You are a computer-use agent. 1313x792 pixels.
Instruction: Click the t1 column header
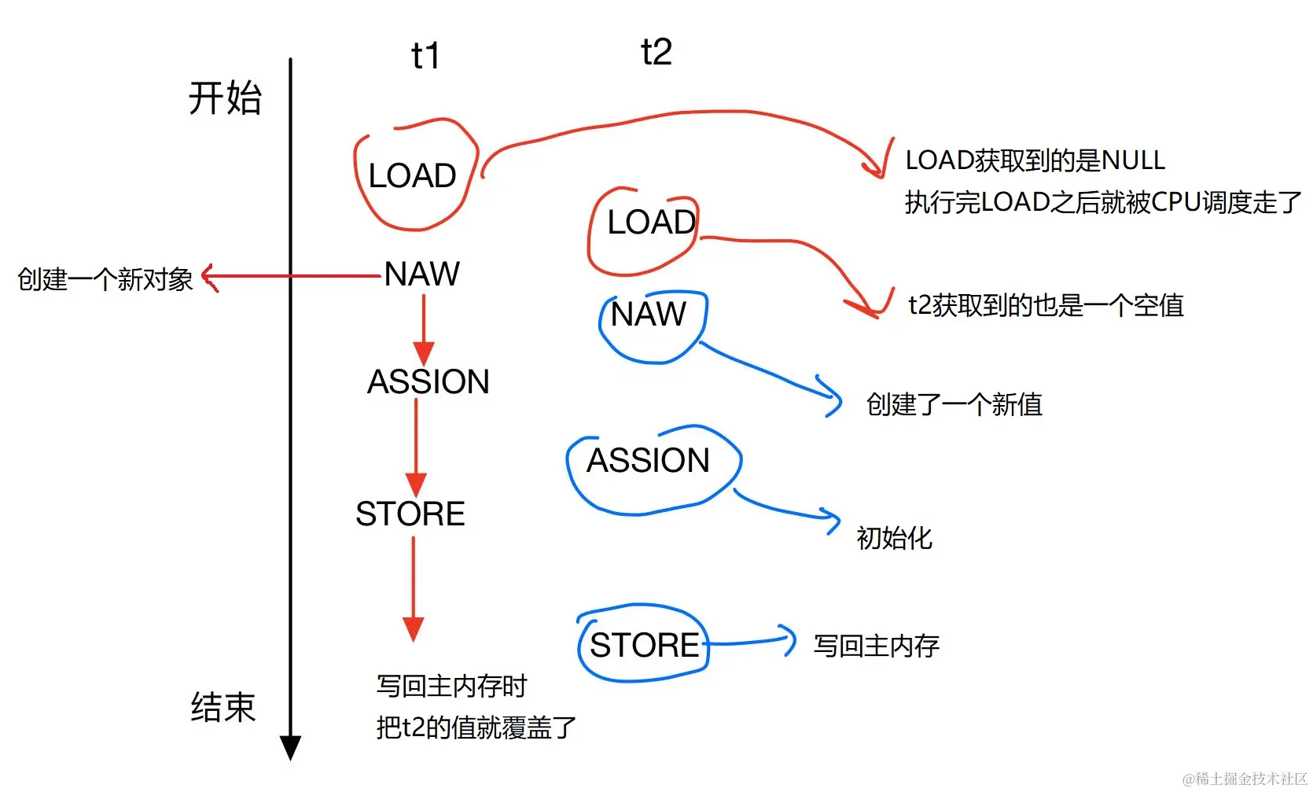(425, 57)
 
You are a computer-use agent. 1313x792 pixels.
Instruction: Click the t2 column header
(656, 53)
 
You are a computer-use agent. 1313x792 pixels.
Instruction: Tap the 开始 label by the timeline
(224, 98)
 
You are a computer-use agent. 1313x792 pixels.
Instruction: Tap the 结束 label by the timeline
(223, 707)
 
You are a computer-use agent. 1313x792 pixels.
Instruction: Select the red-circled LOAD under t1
(412, 175)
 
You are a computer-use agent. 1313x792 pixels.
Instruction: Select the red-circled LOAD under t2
(651, 223)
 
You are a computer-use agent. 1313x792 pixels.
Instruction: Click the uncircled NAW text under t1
(421, 274)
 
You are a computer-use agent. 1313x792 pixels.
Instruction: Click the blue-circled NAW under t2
(649, 315)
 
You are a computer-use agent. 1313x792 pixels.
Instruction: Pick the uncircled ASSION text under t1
(428, 382)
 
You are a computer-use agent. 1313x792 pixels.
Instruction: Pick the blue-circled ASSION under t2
(648, 461)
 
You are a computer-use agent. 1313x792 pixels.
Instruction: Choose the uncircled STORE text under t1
(410, 514)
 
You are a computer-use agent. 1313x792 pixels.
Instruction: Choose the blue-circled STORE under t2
(644, 646)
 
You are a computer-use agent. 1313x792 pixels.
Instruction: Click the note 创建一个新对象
(105, 279)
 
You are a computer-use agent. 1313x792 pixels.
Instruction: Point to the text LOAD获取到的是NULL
(1035, 160)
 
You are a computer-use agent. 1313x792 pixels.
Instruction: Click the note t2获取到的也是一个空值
(1046, 305)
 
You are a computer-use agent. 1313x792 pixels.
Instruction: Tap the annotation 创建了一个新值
(954, 405)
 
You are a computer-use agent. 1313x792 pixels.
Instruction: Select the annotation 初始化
(894, 538)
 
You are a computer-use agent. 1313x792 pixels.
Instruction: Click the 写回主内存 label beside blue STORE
(876, 646)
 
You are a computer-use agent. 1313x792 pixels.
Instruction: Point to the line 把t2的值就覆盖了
(476, 728)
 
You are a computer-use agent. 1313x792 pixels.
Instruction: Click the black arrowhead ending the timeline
(290, 747)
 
